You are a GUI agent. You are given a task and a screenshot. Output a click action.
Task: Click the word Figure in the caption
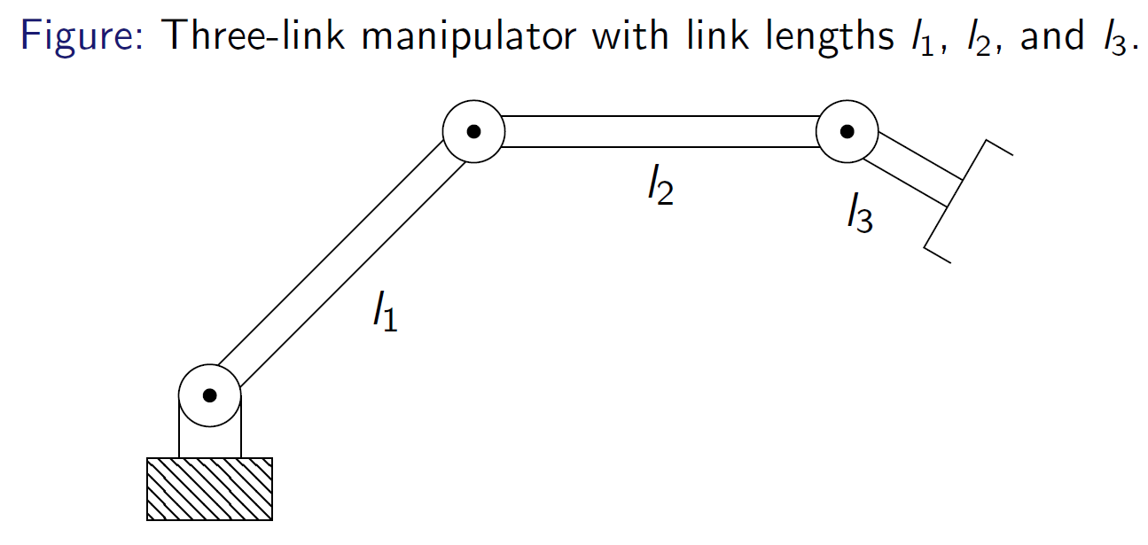(78, 37)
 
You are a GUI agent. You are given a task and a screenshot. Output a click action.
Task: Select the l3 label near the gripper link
(859, 215)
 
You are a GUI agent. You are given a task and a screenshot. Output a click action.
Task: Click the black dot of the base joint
(209, 395)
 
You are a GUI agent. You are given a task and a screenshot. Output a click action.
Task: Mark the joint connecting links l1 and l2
(474, 132)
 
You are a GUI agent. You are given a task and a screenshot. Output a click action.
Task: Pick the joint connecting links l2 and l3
(847, 132)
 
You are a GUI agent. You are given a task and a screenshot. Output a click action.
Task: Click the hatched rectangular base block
(209, 488)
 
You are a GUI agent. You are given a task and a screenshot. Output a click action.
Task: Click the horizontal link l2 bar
(660, 132)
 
